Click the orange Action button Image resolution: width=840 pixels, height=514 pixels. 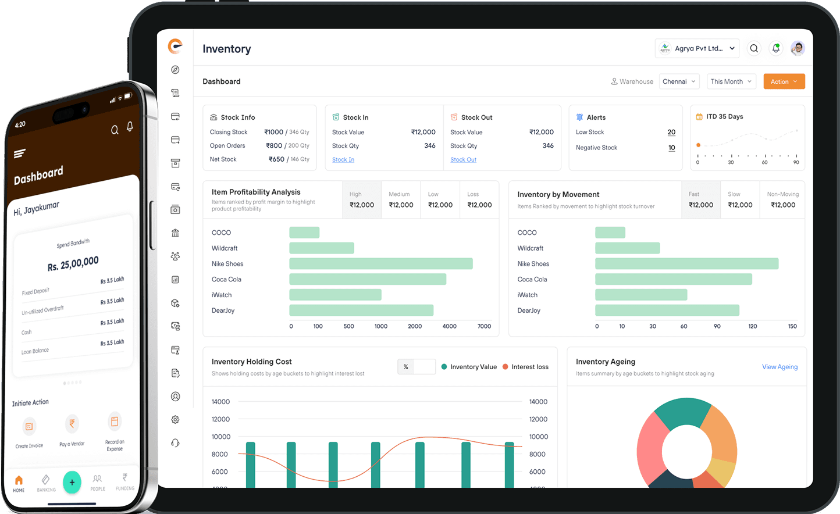click(784, 81)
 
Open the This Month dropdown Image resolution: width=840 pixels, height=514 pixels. click(731, 81)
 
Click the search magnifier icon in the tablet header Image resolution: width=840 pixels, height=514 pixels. click(754, 48)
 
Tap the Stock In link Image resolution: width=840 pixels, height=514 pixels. click(343, 159)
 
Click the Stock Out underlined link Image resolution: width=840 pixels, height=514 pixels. click(463, 159)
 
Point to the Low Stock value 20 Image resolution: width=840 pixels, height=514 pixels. click(671, 132)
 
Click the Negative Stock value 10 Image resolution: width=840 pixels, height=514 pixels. click(671, 148)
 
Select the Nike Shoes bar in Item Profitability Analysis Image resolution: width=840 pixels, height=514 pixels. click(381, 264)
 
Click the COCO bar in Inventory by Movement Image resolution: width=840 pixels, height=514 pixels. click(610, 233)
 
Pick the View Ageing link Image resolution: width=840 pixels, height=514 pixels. click(780, 367)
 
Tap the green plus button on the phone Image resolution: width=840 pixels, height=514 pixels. click(72, 482)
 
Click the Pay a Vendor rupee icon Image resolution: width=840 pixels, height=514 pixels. click(72, 424)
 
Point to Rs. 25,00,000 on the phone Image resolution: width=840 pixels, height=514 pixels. click(73, 263)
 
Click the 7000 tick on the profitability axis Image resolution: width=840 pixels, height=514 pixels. click(484, 326)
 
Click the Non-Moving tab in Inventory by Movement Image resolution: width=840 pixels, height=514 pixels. click(782, 199)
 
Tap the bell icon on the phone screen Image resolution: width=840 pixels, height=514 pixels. click(130, 126)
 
